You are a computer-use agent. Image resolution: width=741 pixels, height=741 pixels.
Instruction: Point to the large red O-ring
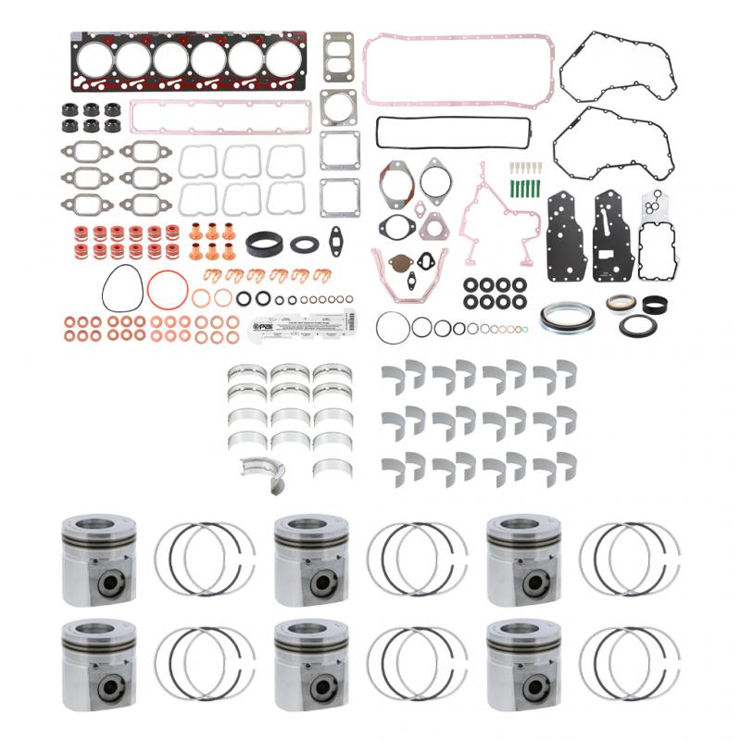pyautogui.click(x=167, y=290)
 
